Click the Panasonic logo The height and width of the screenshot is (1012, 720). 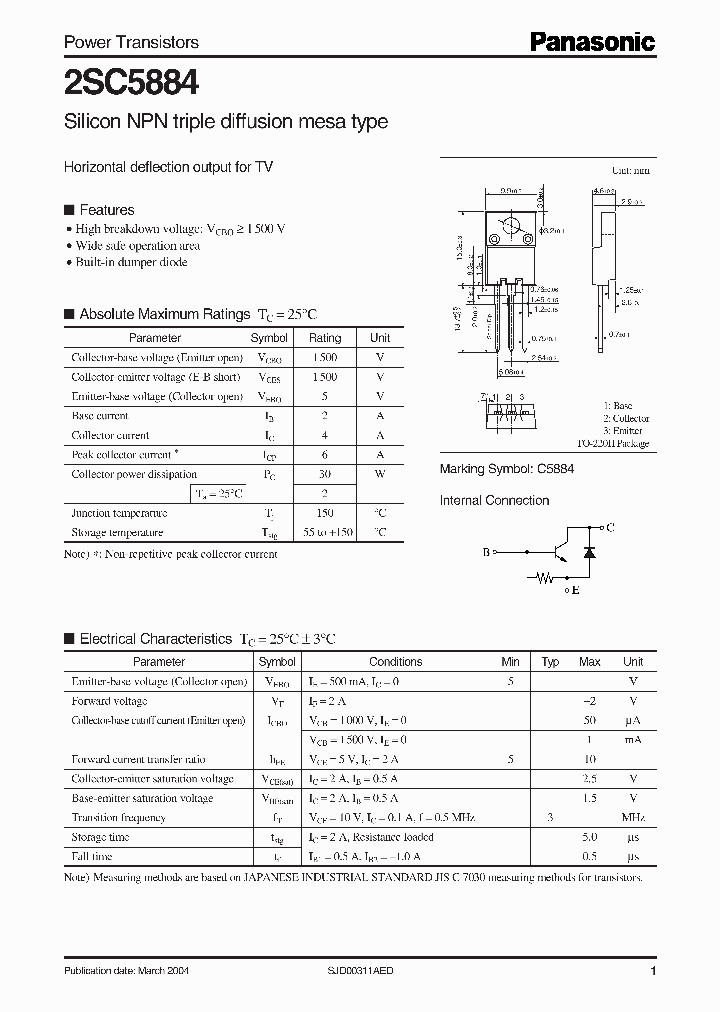click(x=592, y=41)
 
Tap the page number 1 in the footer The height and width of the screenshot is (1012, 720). click(x=653, y=971)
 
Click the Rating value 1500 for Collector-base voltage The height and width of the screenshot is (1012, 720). click(x=325, y=358)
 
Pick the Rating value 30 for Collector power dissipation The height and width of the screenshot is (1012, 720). click(x=325, y=474)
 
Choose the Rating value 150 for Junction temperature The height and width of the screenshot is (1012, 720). click(x=325, y=513)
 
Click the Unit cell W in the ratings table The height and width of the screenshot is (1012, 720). click(x=380, y=474)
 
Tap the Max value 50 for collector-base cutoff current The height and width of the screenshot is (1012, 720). click(x=590, y=720)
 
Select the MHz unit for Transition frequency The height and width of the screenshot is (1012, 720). click(x=632, y=818)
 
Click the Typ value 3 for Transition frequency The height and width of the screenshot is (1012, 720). click(x=550, y=818)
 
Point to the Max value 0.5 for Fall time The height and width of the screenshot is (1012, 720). click(x=590, y=857)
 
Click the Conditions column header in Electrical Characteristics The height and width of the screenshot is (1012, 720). click(x=396, y=662)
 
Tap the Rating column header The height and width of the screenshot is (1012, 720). click(x=325, y=338)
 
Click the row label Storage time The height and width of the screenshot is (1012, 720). click(x=100, y=837)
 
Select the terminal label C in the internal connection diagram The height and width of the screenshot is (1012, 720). click(x=610, y=526)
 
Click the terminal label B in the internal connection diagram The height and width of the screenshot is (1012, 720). click(x=487, y=551)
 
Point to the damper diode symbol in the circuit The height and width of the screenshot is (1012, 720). click(x=588, y=552)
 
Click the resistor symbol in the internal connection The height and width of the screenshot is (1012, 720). click(x=543, y=578)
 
